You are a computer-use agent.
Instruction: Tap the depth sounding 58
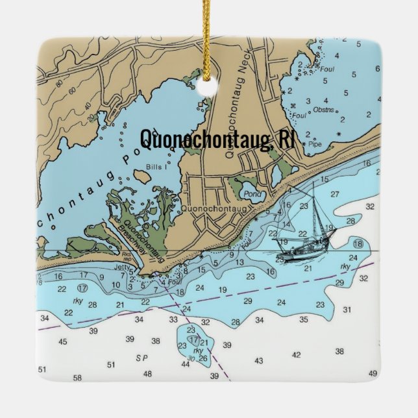click(x=77, y=377)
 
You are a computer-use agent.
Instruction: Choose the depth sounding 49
click(x=373, y=373)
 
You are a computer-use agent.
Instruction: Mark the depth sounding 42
click(x=297, y=354)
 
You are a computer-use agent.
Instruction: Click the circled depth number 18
click(x=358, y=243)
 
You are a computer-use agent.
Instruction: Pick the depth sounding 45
click(x=62, y=341)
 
